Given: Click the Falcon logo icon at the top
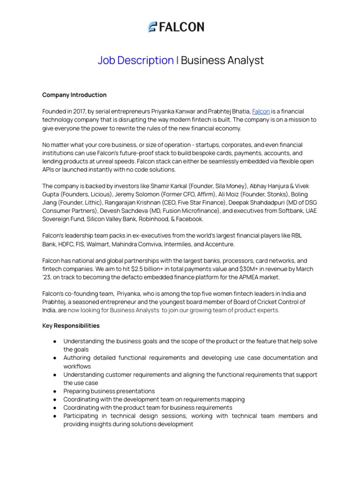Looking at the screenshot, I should pyautogui.click(x=152, y=27).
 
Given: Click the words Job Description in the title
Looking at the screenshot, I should pyautogui.click(x=135, y=60).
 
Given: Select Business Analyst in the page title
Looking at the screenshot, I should pyautogui.click(x=222, y=60).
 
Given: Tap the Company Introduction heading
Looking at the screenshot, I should pyautogui.click(x=74, y=95).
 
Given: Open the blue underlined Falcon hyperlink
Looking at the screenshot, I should pyautogui.click(x=261, y=112).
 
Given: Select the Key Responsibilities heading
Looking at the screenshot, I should pyautogui.click(x=71, y=325).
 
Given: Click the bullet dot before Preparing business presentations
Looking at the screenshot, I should pyautogui.click(x=55, y=391).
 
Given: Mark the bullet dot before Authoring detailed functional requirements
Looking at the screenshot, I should pyautogui.click(x=55, y=358).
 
